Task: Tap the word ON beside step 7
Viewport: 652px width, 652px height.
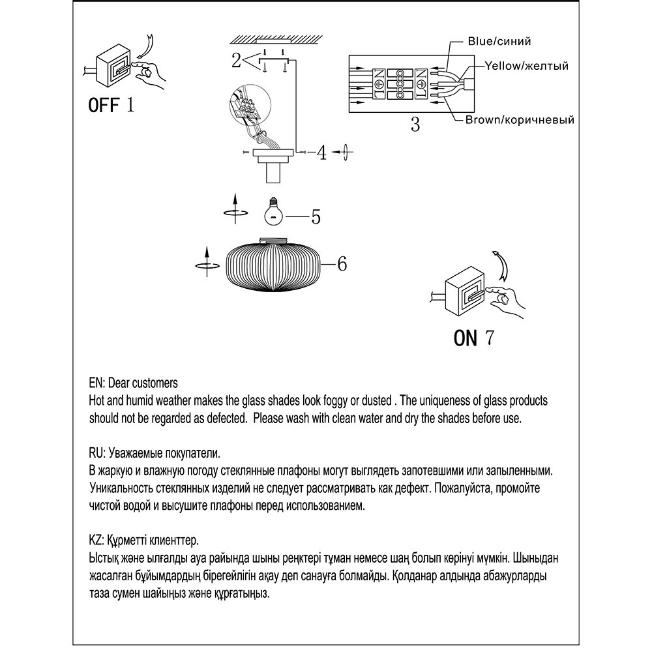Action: tap(466, 338)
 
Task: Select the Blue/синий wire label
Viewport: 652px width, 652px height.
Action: tap(499, 41)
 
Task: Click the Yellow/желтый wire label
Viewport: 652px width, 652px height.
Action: tap(526, 66)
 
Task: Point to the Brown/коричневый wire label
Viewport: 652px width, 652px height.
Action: tap(519, 120)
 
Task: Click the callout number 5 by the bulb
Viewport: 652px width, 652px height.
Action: tap(316, 216)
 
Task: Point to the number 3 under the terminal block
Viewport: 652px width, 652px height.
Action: tap(415, 125)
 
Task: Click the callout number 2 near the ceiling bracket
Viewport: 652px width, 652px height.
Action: tap(236, 61)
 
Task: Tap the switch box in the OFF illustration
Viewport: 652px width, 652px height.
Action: tap(113, 66)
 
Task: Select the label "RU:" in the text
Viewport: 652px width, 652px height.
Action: tap(96, 452)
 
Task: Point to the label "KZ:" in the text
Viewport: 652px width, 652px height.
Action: tap(95, 541)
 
